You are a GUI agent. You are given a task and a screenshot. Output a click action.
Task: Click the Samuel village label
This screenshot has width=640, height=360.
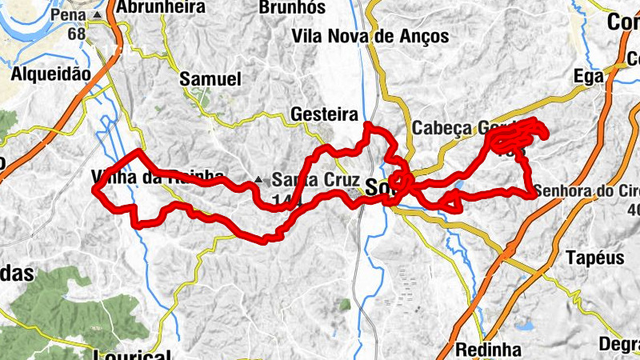click(x=210, y=79)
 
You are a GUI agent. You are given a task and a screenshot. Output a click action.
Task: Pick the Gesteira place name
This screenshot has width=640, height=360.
click(x=324, y=114)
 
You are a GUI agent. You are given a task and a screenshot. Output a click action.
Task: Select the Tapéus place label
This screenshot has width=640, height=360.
click(x=594, y=258)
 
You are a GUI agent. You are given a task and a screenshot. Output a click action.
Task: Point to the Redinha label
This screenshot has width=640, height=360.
click(x=488, y=350)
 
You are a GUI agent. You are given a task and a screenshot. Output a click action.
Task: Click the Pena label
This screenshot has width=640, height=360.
click(x=68, y=15)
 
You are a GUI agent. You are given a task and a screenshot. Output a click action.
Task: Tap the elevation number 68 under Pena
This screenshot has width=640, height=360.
click(x=77, y=34)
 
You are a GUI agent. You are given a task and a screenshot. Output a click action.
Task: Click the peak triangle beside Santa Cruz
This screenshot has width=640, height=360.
click(x=258, y=179)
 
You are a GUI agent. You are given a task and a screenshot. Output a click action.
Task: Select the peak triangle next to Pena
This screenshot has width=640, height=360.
click(x=98, y=15)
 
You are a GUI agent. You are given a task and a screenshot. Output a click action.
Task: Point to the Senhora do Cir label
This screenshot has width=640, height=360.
click(x=588, y=192)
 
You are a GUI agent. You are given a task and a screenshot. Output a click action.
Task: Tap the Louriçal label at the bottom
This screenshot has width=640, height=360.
click(x=132, y=355)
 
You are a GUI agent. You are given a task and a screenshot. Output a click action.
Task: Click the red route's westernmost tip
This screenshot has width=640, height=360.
click(x=95, y=190)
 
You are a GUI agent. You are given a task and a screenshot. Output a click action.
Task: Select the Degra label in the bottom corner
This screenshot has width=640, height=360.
click(x=618, y=344)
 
